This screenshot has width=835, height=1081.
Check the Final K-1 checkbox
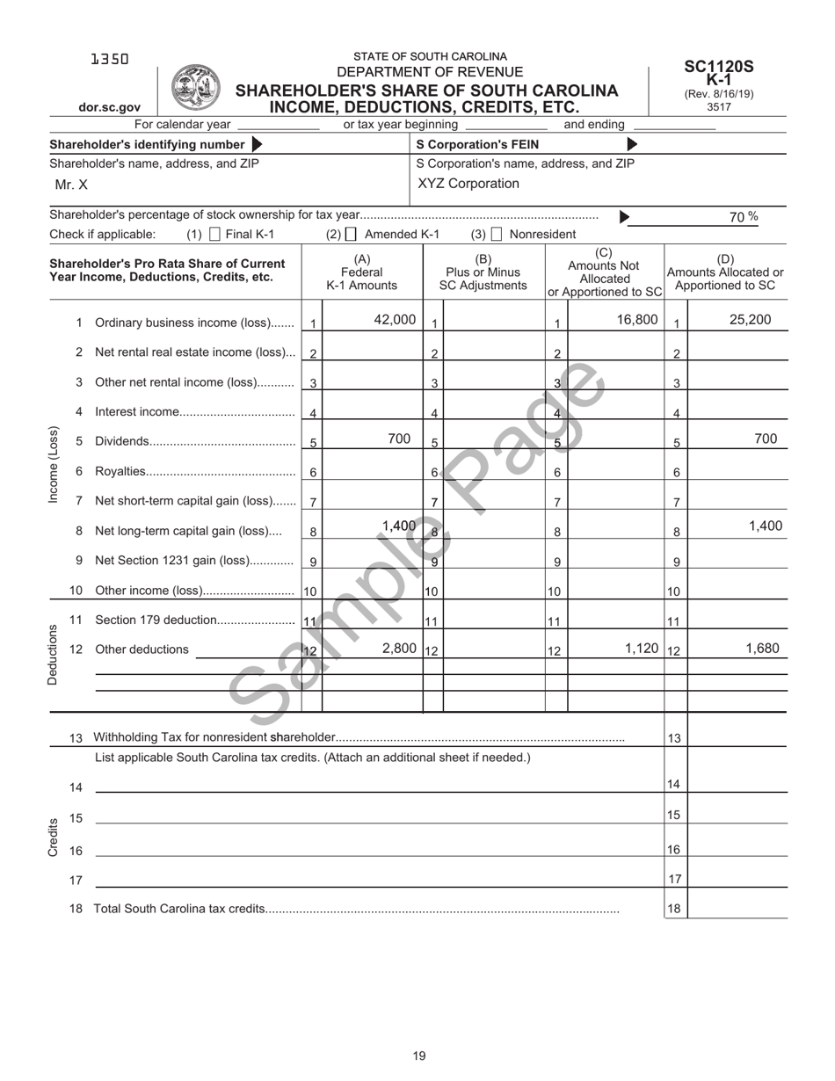(215, 235)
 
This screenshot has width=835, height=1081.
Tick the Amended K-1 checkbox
(352, 235)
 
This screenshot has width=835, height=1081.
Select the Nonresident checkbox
(497, 235)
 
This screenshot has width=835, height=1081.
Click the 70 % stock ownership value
(744, 217)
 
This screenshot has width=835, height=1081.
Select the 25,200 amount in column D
(751, 320)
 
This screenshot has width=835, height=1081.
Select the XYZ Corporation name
(468, 184)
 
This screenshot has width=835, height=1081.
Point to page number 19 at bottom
(419, 1056)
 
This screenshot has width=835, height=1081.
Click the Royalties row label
(120, 472)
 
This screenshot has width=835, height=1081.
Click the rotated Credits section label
(53, 837)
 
